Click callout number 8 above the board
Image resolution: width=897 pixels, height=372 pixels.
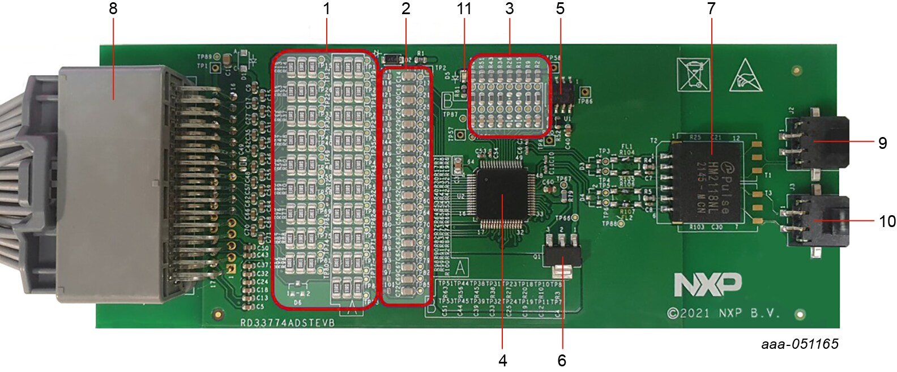(x=113, y=8)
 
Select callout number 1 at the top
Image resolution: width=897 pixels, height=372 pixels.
(x=326, y=8)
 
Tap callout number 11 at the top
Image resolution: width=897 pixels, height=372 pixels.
(x=464, y=8)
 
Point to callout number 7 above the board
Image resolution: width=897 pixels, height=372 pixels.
(x=711, y=8)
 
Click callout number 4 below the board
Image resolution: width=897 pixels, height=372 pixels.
(x=503, y=360)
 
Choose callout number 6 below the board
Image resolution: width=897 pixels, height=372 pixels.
(x=562, y=360)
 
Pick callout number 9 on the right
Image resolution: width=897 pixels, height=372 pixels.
(x=882, y=143)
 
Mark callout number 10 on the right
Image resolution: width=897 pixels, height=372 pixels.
(x=887, y=221)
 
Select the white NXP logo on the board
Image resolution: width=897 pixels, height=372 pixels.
(x=707, y=284)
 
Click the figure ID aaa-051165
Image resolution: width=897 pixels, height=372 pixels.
(x=800, y=344)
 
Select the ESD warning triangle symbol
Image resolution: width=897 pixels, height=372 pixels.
(x=748, y=75)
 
